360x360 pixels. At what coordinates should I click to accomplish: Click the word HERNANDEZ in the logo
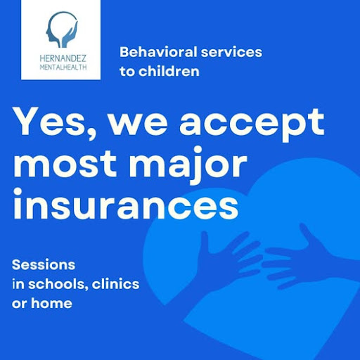63,58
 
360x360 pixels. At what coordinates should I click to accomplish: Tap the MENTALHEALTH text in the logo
63,67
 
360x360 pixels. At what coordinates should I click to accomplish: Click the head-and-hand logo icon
62,30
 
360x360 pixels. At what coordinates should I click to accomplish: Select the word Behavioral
158,52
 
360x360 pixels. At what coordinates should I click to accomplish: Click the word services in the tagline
231,52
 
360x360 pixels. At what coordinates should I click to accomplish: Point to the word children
169,71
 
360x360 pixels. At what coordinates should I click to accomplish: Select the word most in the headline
65,163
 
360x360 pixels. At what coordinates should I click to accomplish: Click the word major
188,165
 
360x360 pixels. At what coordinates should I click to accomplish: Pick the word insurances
126,204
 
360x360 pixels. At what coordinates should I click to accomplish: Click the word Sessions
44,265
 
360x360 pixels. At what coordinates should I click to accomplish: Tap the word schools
58,284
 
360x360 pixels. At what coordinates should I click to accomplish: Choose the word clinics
115,284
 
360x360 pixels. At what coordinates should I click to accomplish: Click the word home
51,303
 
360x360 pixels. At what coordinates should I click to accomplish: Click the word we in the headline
138,124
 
